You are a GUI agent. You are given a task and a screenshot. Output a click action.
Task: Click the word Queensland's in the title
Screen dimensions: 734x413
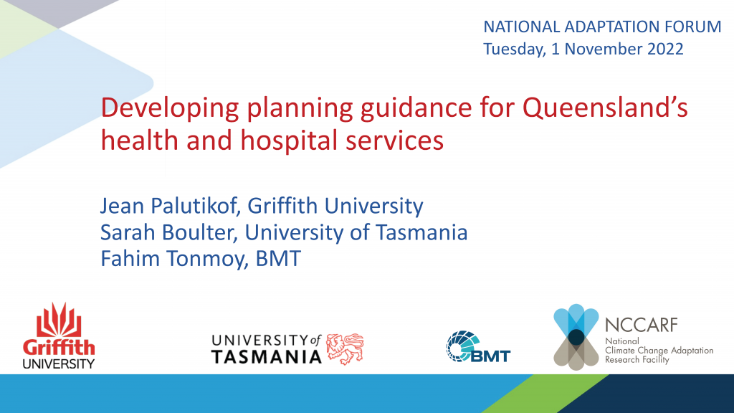(x=605, y=108)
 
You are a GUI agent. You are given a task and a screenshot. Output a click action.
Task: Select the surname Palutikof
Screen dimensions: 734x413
(x=193, y=206)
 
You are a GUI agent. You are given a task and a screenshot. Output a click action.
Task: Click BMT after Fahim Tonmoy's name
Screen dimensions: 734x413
(x=278, y=258)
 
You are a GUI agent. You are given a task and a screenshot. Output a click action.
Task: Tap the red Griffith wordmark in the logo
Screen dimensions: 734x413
(x=59, y=348)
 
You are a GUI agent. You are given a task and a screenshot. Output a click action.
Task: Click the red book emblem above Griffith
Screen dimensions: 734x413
(x=59, y=321)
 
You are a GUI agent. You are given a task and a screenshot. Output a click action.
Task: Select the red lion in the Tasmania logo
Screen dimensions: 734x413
(x=345, y=349)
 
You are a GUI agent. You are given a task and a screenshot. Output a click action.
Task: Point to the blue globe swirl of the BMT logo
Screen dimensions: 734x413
(x=461, y=346)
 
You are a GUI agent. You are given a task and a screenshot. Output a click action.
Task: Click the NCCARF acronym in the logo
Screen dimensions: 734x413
(x=642, y=325)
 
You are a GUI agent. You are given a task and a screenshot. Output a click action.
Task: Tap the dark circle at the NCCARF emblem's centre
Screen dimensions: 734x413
(x=576, y=337)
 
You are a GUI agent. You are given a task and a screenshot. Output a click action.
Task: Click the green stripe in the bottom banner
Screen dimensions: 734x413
(x=548, y=394)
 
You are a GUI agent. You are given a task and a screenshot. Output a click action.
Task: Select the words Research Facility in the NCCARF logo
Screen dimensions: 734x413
(x=637, y=360)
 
